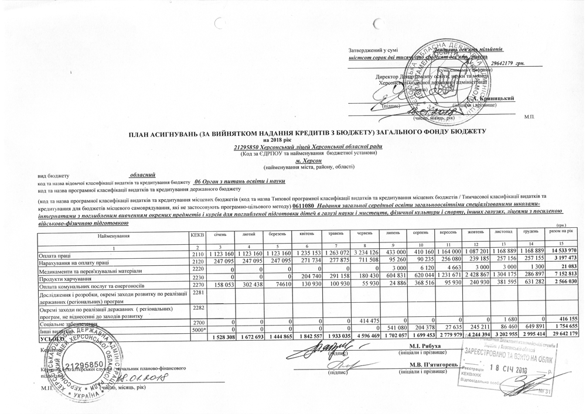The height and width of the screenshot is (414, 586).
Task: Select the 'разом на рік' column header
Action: coord(564,234)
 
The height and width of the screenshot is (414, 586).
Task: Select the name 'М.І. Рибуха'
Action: coord(414,347)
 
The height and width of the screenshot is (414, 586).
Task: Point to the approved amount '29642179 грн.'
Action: coord(507,62)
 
